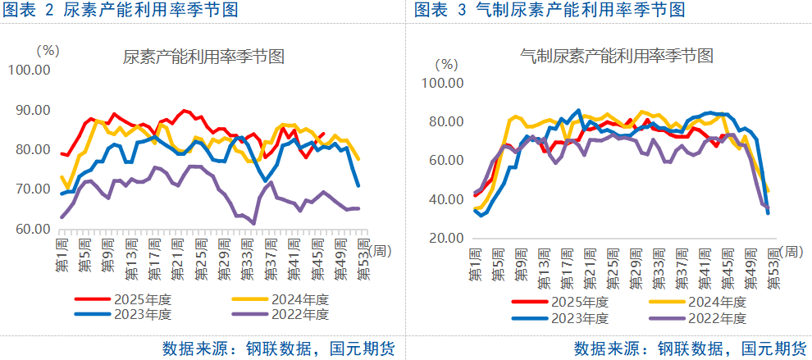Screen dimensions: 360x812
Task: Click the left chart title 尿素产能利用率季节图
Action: coord(203,57)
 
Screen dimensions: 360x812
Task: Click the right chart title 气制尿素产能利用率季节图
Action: coord(617,56)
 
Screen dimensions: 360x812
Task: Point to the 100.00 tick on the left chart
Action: coord(30,71)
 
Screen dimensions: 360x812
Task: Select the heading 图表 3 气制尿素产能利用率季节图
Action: coord(550,11)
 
